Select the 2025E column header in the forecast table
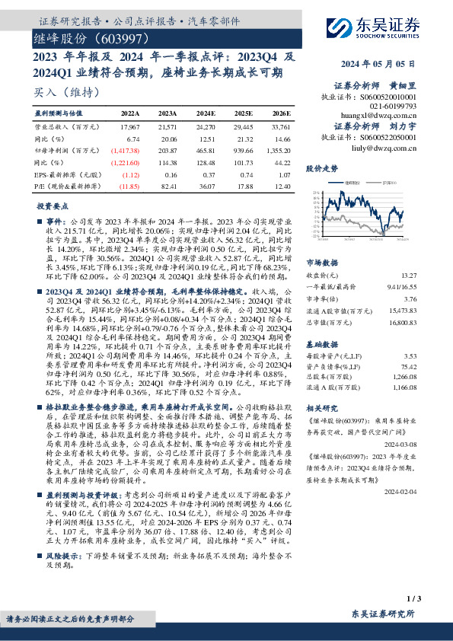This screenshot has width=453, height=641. tap(243, 112)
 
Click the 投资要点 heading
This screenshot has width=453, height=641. tap(53, 206)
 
